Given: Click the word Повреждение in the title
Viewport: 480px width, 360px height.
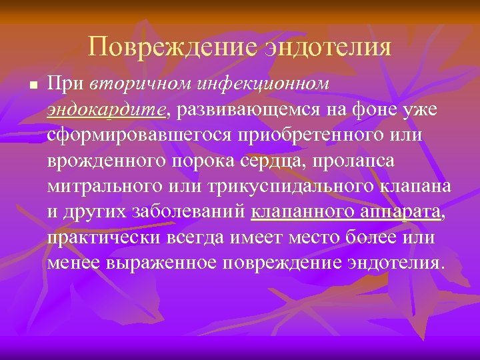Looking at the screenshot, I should [170, 47].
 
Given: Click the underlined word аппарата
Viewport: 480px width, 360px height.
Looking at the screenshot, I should [403, 212].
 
